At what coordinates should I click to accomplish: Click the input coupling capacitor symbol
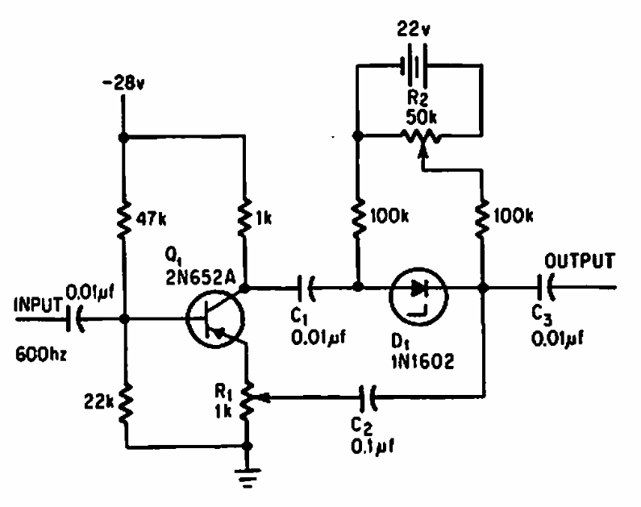coord(79,319)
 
